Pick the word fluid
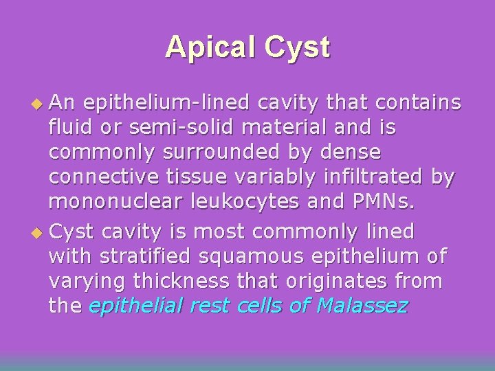point(70,128)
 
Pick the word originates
point(329,282)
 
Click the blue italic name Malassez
point(362,306)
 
